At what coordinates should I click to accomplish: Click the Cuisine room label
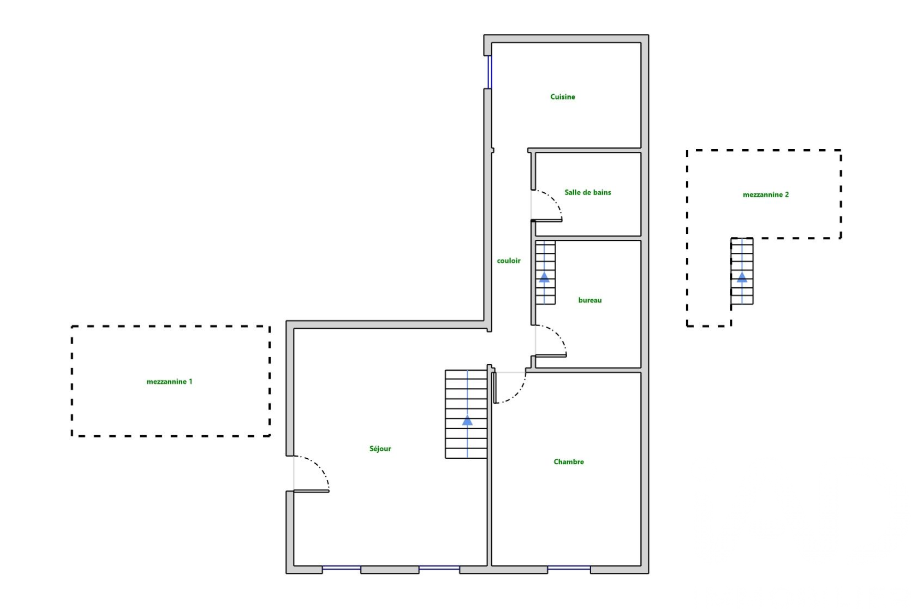pyautogui.click(x=563, y=97)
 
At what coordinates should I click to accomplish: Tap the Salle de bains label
pyautogui.click(x=588, y=192)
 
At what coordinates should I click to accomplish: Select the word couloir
pyautogui.click(x=509, y=261)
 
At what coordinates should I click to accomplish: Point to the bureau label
pyautogui.click(x=590, y=300)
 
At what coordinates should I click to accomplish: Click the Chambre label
pyautogui.click(x=569, y=462)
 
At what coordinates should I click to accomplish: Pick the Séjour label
pyautogui.click(x=380, y=449)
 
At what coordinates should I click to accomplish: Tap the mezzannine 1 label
pyautogui.click(x=169, y=382)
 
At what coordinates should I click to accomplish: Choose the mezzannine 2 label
pyautogui.click(x=765, y=195)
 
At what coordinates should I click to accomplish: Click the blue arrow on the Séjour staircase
pyautogui.click(x=467, y=421)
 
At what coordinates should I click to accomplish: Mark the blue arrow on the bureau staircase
pyautogui.click(x=544, y=277)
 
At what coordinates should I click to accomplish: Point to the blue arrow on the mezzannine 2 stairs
pyautogui.click(x=742, y=277)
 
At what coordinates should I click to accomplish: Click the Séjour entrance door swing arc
pyautogui.click(x=320, y=468)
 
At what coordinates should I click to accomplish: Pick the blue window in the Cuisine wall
pyautogui.click(x=490, y=72)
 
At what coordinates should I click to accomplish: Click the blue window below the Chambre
pyautogui.click(x=569, y=568)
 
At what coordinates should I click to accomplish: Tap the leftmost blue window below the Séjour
pyautogui.click(x=341, y=568)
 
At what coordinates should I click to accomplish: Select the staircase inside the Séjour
pyautogui.click(x=466, y=401)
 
